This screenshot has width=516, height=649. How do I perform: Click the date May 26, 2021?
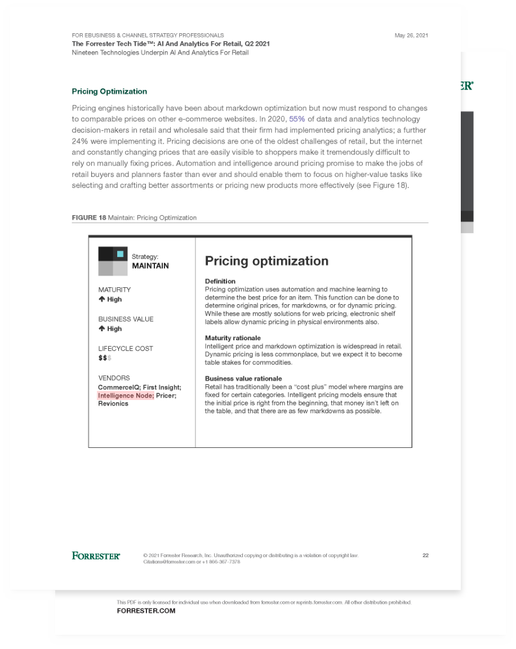pos(411,35)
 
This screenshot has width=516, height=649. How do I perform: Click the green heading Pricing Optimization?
pos(109,91)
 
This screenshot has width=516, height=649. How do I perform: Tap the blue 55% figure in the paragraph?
pos(297,119)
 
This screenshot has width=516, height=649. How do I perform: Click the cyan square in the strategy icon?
pos(120,254)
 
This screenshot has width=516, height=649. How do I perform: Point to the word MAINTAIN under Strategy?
pos(150,266)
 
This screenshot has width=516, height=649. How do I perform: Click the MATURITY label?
pos(114,290)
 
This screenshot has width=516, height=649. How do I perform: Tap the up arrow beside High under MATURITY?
pos(101,299)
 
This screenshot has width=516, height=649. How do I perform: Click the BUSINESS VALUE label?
pos(126,319)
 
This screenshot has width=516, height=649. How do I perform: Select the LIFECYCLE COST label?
pos(125,349)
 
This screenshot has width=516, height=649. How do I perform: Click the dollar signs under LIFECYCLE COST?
pos(104,358)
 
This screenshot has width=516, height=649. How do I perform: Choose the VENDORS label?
pos(114,378)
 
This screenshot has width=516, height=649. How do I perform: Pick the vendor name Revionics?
pos(113,404)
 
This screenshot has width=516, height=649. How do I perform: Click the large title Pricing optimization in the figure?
pos(266,261)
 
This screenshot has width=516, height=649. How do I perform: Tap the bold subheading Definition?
pos(220,281)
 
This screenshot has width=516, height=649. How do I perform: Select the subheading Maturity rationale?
pos(233,338)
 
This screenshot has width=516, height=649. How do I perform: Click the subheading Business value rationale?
pos(243,379)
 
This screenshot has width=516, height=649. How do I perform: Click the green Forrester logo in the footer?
pos(96,556)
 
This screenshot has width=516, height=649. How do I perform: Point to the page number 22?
pos(425,555)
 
